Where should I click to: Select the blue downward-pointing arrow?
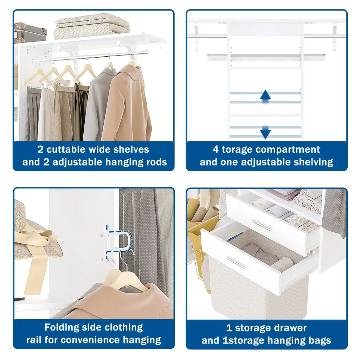pyautogui.click(x=265, y=132)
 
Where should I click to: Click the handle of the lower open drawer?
pyautogui.click(x=236, y=262)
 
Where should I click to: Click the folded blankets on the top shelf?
pyautogui.click(x=92, y=26)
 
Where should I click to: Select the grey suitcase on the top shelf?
pyautogui.click(x=30, y=33)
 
